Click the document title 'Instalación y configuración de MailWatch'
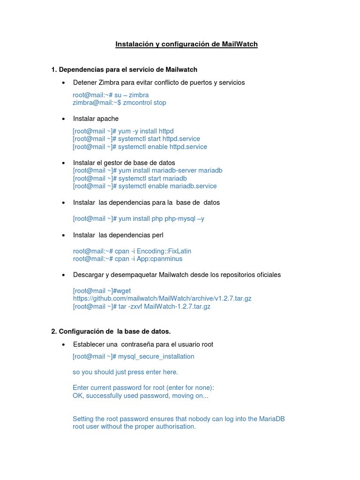tap(187, 44)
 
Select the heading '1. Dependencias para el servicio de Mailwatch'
tap(124, 69)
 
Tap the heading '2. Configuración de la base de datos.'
tap(111, 331)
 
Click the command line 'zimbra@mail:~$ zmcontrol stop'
tap(119, 103)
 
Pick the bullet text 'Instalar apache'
tap(96, 119)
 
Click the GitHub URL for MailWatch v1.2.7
tap(162, 299)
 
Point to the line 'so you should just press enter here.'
tap(125, 372)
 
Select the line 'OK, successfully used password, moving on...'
tap(140, 396)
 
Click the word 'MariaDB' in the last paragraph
tap(272, 419)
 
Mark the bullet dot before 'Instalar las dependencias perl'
tap(63, 235)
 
